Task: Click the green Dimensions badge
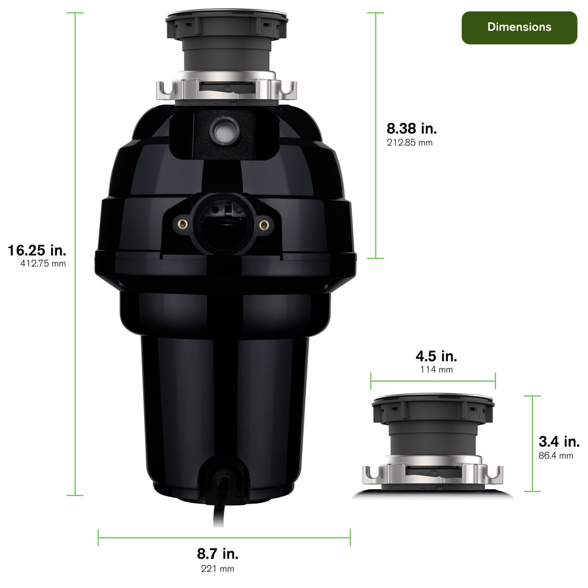tap(519, 28)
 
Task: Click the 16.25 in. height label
tap(37, 250)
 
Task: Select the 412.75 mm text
tap(43, 264)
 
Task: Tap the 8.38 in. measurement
tap(412, 129)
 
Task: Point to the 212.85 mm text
tap(409, 142)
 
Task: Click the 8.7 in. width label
tap(218, 554)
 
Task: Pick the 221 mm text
tap(218, 568)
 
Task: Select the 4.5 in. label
tap(436, 355)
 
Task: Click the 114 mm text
tap(436, 369)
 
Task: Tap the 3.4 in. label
tap(559, 442)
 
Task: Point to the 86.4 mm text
tap(556, 455)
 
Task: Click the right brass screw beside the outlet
tap(264, 225)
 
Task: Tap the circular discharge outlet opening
tap(223, 225)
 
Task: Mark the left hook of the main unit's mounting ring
tap(165, 91)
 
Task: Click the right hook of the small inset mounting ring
tap(494, 475)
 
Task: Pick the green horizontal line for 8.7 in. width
tap(224, 537)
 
